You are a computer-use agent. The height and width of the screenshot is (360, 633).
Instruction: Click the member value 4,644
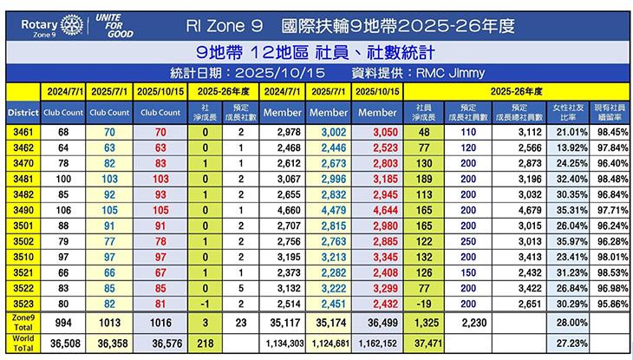pyautogui.click(x=378, y=209)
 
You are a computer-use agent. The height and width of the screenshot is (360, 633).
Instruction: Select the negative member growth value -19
pyautogui.click(x=423, y=304)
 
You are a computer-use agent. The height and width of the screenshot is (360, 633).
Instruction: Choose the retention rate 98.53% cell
pyautogui.click(x=608, y=272)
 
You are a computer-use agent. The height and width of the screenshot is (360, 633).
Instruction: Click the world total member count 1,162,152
pyautogui.click(x=377, y=344)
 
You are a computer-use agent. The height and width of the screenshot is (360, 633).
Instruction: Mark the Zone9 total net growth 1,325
pyautogui.click(x=424, y=323)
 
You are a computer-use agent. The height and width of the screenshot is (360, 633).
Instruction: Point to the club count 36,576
pyautogui.click(x=160, y=344)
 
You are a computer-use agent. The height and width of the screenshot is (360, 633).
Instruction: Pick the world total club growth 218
pyautogui.click(x=206, y=344)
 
